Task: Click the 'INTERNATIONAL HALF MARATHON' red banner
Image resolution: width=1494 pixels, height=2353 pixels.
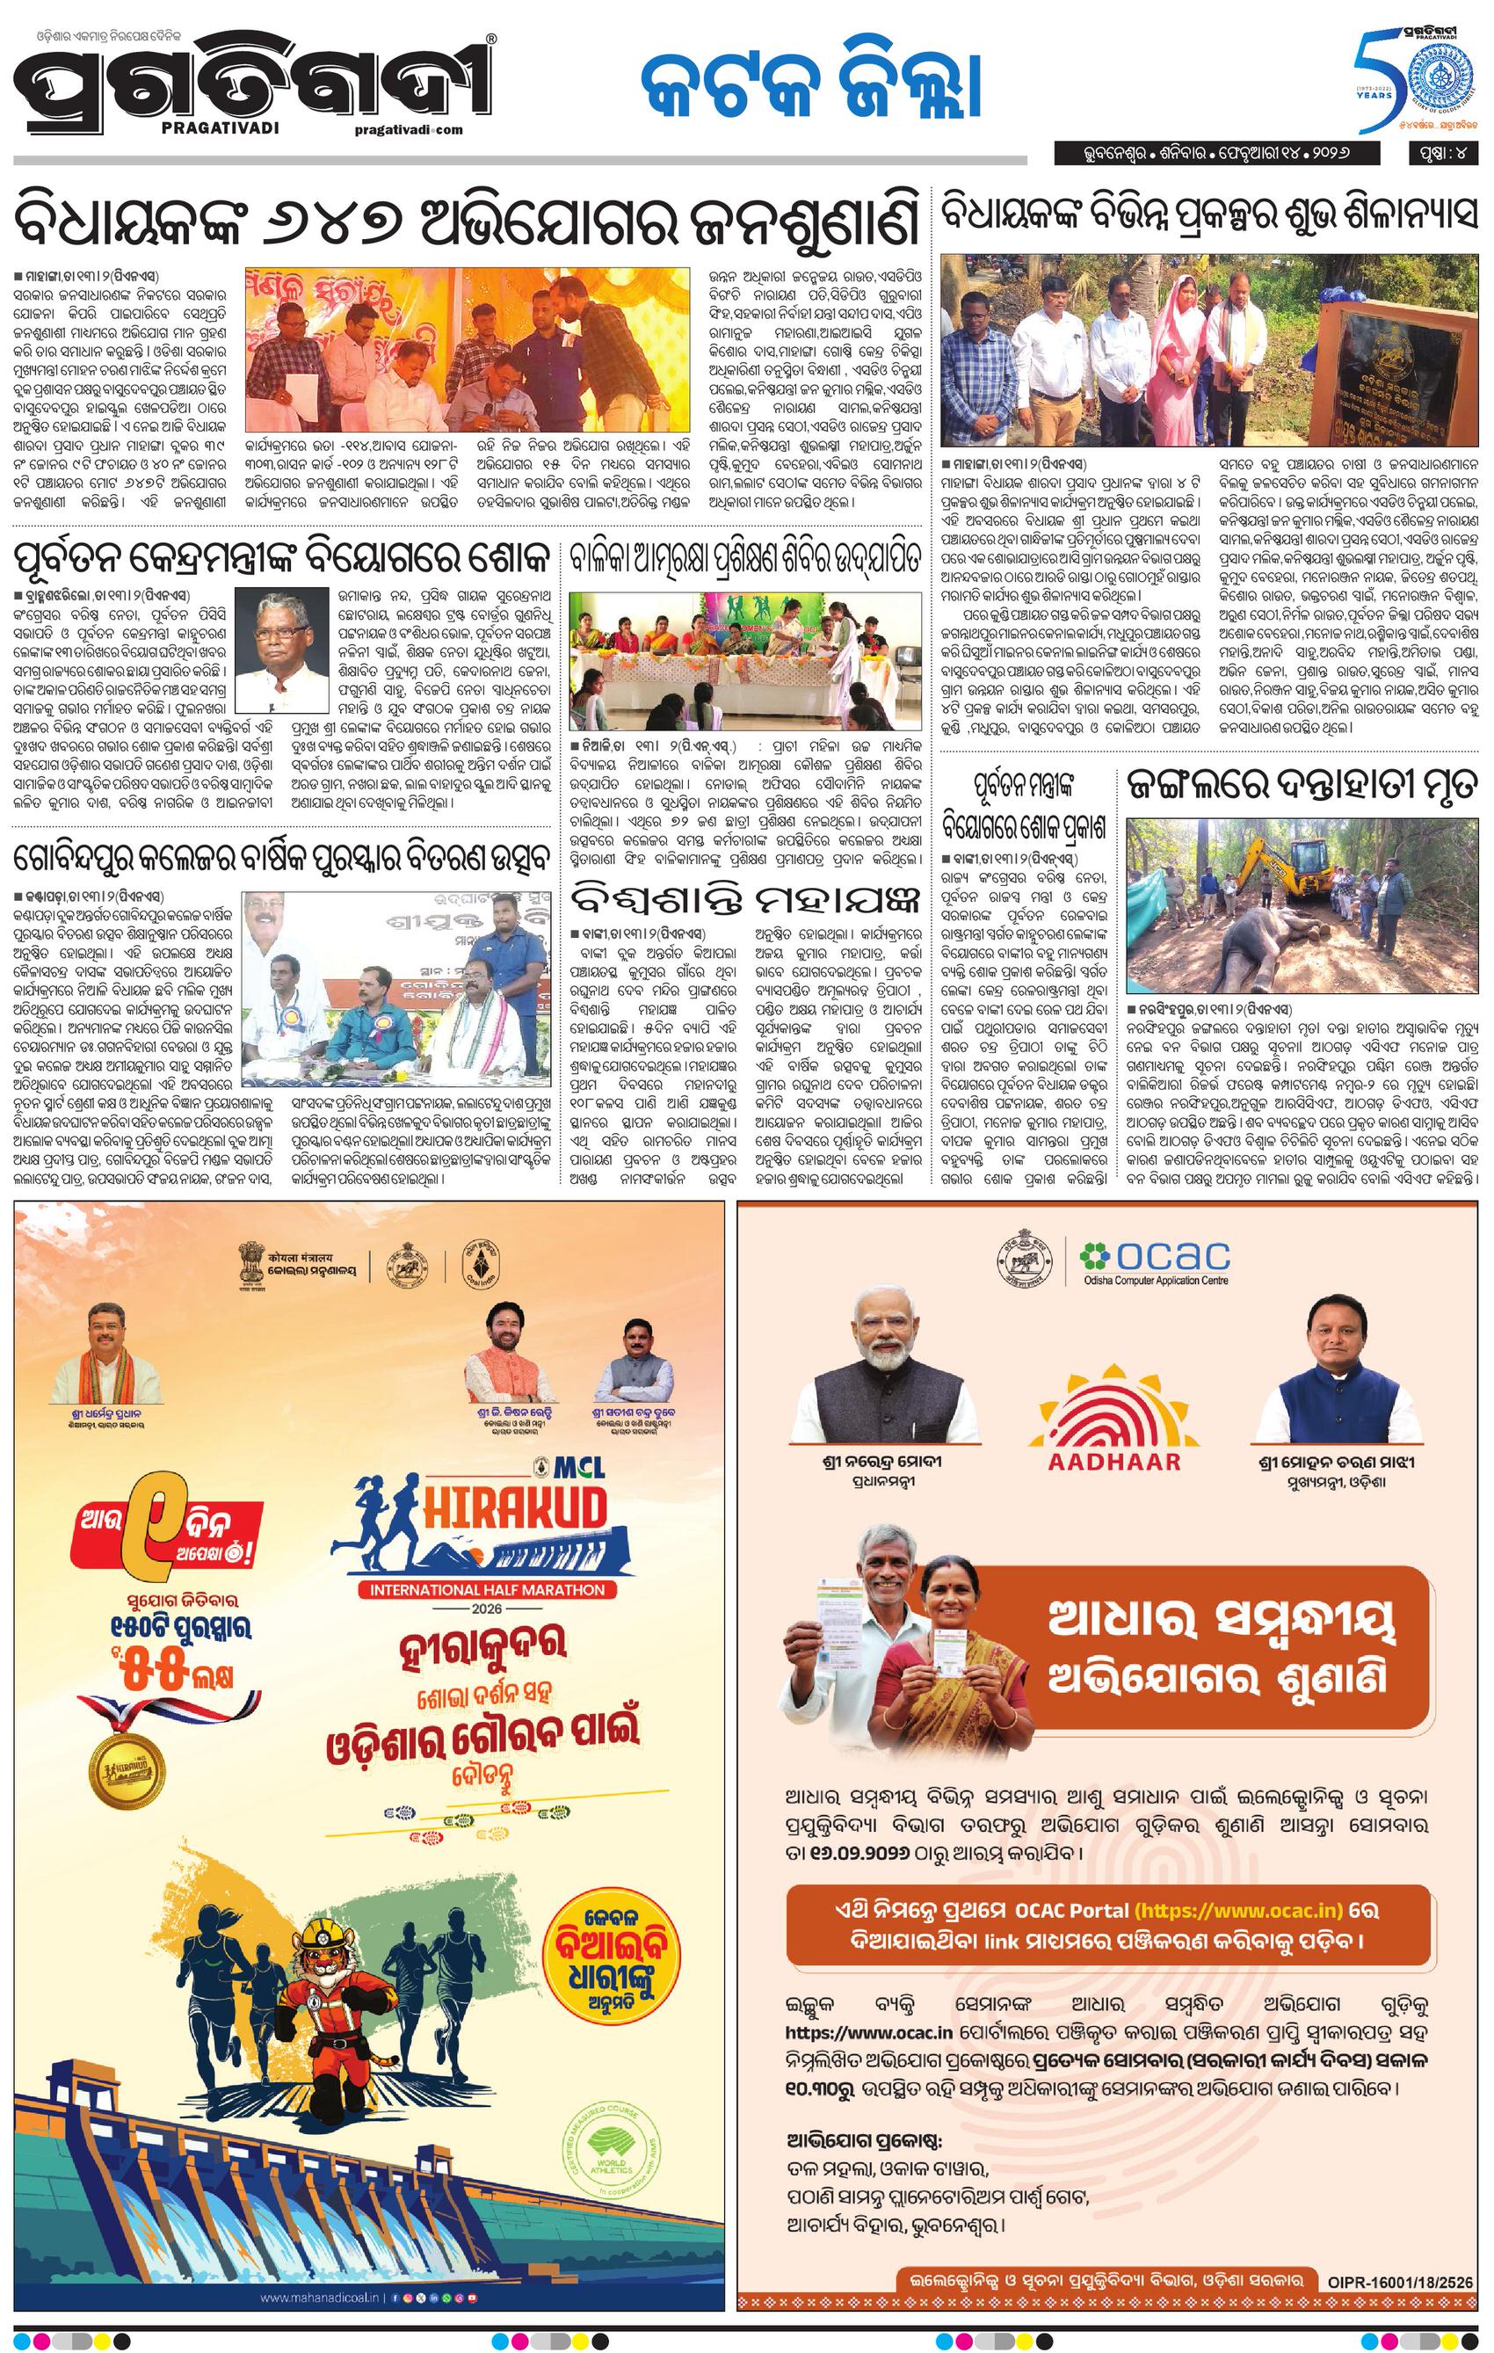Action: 486,1590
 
